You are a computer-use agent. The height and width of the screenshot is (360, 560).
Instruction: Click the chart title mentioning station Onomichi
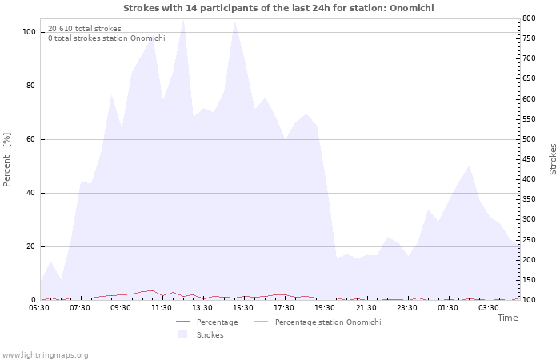coord(278,8)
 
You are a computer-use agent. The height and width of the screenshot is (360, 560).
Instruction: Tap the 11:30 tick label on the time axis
coord(162,308)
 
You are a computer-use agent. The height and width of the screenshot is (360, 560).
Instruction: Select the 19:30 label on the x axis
coord(325,308)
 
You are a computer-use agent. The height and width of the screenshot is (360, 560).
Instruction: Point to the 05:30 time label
coord(39,308)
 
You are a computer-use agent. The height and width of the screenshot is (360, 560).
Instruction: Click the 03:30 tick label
coord(489,308)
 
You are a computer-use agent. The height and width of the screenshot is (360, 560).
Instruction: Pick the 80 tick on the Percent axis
coord(30,86)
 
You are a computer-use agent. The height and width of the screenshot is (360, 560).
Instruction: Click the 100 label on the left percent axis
coord(29,32)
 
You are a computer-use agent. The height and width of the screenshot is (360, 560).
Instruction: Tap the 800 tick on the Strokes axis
coord(529,18)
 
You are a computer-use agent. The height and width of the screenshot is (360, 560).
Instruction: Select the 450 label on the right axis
coord(529,159)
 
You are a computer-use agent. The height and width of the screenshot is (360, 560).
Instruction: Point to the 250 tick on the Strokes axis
coord(529,240)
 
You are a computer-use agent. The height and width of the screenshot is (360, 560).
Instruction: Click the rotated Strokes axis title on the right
coord(553,159)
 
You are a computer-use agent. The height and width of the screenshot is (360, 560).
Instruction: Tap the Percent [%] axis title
coord(6,160)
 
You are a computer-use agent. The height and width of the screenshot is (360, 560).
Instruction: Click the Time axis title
coord(508,318)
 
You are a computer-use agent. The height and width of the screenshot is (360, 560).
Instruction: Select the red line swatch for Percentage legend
coord(182,322)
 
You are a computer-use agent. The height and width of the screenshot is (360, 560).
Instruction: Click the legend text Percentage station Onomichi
coord(328,322)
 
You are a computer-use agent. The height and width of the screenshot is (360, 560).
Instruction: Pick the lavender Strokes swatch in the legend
coord(182,334)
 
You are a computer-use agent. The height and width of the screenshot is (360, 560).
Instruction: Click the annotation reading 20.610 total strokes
coord(85,29)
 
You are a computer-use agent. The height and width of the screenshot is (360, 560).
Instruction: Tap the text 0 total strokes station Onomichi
coord(106,38)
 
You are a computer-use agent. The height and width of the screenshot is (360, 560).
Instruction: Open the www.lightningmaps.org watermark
coord(45,355)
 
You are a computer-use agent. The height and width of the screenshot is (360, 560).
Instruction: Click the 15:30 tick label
coord(243,308)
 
